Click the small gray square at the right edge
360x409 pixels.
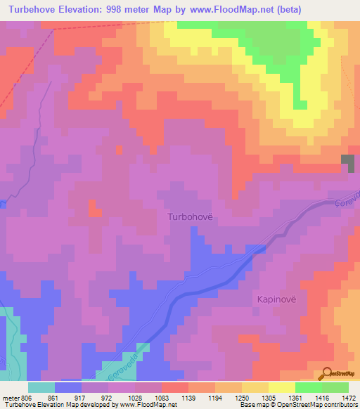(x=348, y=162)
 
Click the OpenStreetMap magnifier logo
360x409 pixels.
(x=326, y=372)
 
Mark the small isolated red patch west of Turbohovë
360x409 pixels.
(x=93, y=208)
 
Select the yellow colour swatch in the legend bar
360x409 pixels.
(x=281, y=387)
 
